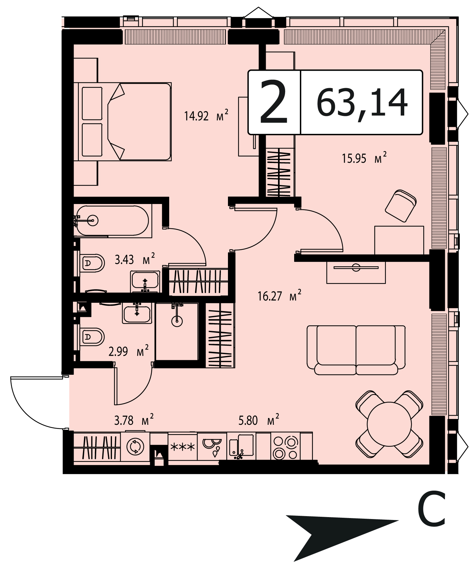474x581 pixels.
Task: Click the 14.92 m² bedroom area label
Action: click(206, 115)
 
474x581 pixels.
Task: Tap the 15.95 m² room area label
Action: click(364, 158)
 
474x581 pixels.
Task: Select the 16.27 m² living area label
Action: click(280, 296)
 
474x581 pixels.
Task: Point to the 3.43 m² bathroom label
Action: click(135, 259)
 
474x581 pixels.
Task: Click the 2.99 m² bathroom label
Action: click(129, 351)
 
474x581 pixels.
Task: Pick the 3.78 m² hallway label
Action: click(134, 420)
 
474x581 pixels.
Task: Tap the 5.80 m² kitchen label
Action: click(259, 420)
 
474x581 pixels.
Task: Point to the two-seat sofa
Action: click(356, 350)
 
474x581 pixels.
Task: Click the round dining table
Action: click(389, 424)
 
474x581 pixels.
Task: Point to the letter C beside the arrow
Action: click(431, 509)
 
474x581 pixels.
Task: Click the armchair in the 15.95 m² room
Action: click(400, 206)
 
